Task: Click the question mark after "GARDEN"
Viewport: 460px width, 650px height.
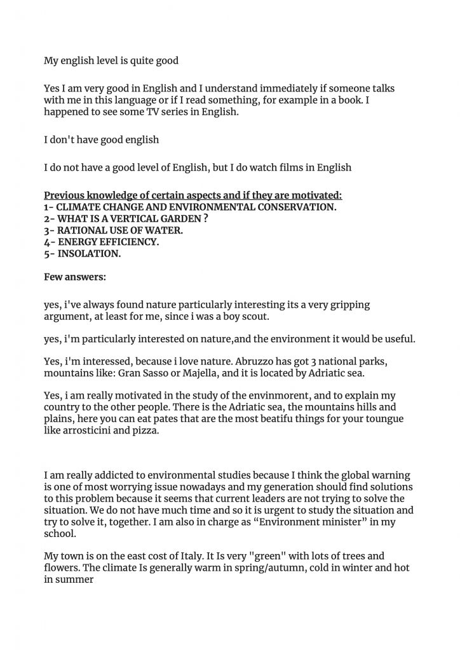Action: pyautogui.click(x=206, y=218)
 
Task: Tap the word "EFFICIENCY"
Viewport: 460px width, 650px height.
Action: pyautogui.click(x=125, y=242)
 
